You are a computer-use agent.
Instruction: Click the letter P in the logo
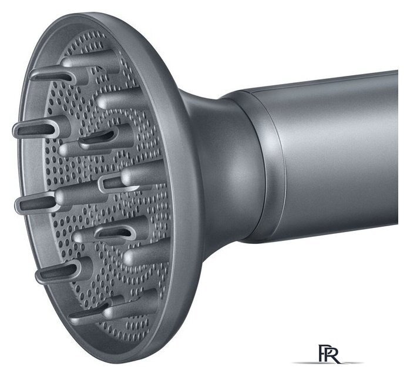tap(321, 353)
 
